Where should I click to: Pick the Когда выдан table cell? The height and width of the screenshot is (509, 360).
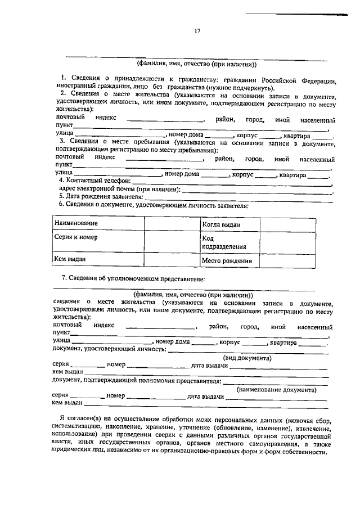[222, 224]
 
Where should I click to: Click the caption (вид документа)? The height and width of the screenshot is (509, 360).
[247, 358]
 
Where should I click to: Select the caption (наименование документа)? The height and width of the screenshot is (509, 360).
[276, 389]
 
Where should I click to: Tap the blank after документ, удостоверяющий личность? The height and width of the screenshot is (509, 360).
[247, 350]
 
